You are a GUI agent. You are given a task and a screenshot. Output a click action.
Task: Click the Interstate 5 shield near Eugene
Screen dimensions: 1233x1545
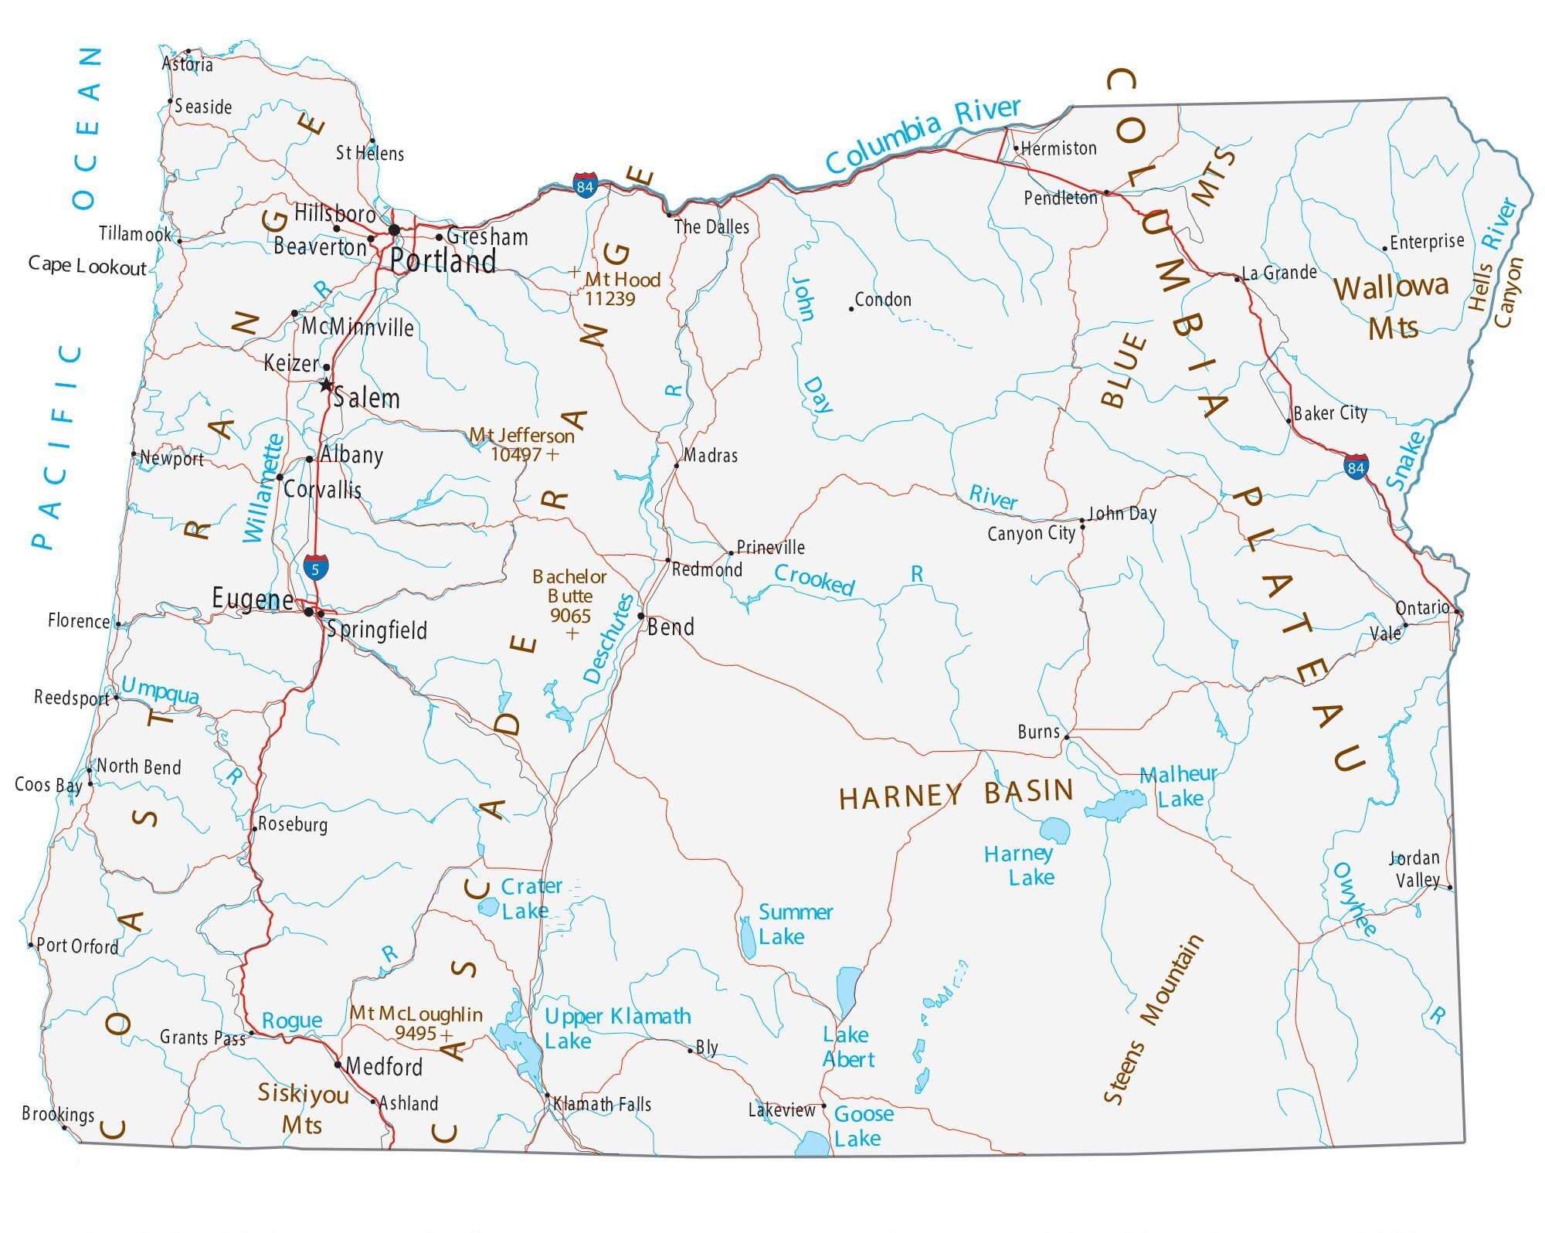click(314, 568)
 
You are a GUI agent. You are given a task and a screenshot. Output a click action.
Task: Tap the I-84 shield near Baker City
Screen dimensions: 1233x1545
click(1356, 467)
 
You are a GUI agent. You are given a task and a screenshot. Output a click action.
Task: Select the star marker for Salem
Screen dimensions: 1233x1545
click(327, 384)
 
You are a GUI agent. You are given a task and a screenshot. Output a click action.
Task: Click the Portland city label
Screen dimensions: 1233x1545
click(443, 261)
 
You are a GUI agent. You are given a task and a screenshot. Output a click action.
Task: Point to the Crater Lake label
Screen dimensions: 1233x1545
click(530, 898)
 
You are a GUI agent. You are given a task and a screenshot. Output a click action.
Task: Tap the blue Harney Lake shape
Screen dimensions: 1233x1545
click(1054, 830)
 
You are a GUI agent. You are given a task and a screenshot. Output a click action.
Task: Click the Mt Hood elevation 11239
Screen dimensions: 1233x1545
click(610, 300)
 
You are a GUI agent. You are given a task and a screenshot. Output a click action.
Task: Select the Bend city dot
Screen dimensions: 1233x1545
click(640, 616)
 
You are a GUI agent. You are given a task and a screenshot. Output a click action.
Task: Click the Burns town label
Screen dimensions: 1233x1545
click(1038, 732)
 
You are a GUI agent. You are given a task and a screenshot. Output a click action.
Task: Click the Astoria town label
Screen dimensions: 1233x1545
click(187, 64)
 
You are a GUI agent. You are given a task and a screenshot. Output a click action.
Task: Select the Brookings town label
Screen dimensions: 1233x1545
click(58, 1114)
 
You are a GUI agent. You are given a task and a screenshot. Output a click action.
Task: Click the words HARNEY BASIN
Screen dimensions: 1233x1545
click(956, 794)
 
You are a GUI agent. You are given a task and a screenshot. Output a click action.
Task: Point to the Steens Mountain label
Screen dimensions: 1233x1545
click(1152, 1020)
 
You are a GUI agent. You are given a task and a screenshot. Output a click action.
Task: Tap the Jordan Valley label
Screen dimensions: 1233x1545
click(1417, 869)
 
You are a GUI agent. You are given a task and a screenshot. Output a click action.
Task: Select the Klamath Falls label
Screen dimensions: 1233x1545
click(602, 1105)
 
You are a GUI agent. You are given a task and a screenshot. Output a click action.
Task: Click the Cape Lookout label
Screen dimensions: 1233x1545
click(87, 266)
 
